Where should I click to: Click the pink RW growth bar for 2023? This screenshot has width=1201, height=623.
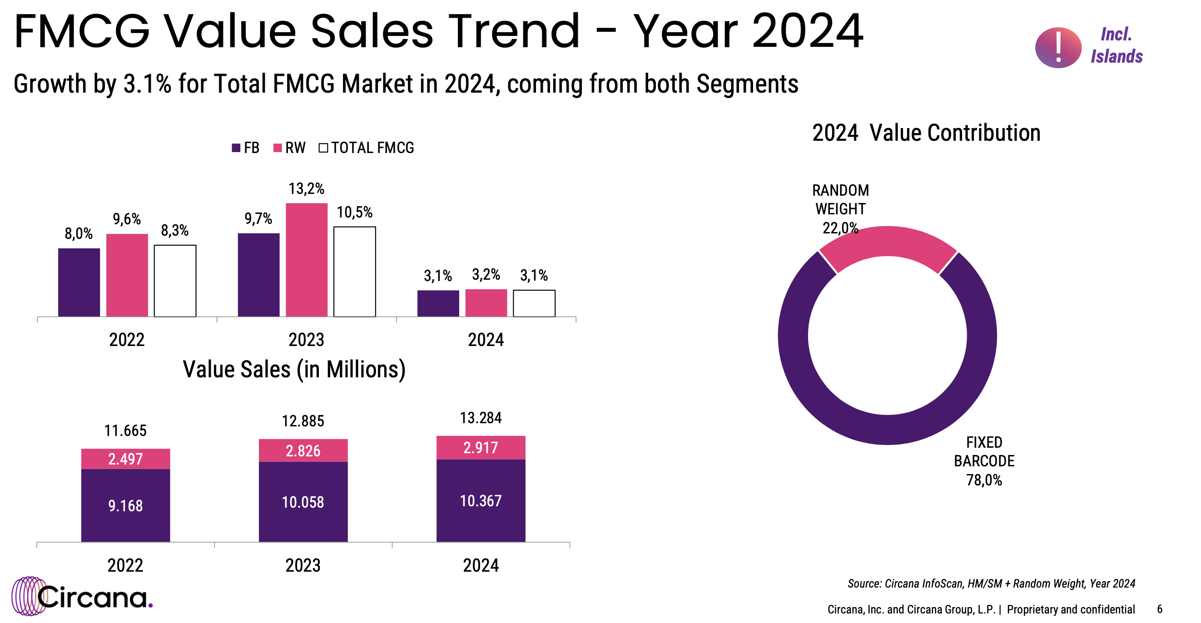[306, 260]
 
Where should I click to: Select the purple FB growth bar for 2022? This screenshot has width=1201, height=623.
[79, 282]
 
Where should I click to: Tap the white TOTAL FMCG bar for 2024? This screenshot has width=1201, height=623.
[534, 303]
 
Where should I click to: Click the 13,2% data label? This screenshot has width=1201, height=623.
[306, 189]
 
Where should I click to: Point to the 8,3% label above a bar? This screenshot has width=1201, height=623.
[175, 230]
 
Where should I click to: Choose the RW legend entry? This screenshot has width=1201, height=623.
[289, 148]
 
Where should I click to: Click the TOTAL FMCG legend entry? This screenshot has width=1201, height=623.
[367, 148]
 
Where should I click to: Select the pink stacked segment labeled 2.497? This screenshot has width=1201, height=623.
[125, 459]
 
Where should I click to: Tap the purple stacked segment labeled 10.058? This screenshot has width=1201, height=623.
[303, 501]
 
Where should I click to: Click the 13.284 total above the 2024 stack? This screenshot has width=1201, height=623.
[481, 418]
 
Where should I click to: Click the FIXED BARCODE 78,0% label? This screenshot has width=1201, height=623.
[984, 461]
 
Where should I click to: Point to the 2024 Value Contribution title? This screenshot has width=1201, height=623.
[926, 133]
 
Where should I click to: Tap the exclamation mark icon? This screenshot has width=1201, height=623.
[1058, 48]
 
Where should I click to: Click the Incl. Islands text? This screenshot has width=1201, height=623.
[1116, 45]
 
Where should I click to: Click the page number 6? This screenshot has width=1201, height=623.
[1160, 609]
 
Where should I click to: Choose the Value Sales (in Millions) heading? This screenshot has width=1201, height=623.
[294, 370]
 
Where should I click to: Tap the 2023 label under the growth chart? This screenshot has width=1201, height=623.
[306, 340]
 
